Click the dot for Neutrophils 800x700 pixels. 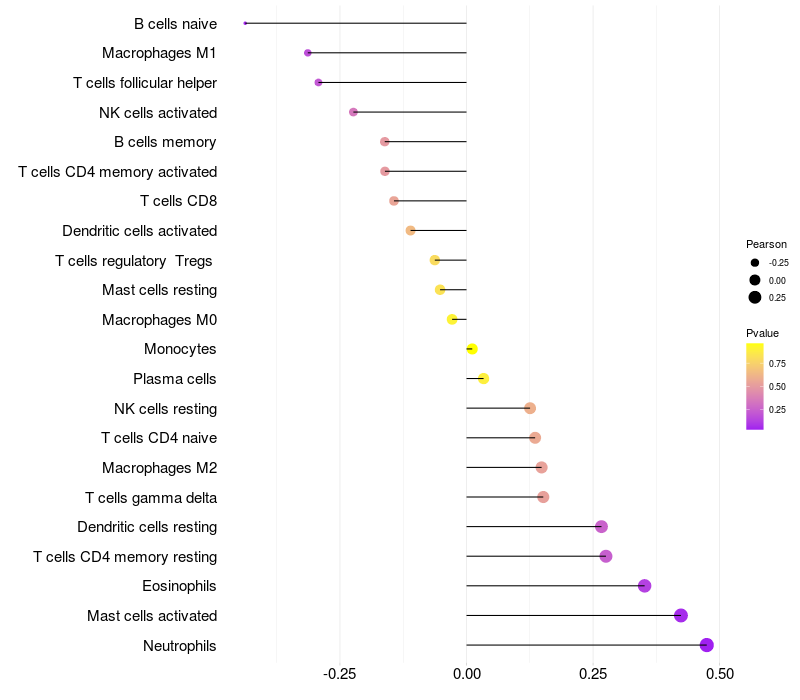707,645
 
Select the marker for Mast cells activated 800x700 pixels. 681,615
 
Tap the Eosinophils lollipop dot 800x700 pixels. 644,586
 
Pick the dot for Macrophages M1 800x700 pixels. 308,53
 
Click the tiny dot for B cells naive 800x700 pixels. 245,23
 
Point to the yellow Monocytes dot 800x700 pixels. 472,349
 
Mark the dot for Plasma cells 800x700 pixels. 483,379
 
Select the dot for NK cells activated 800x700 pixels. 353,112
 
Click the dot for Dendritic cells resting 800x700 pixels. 601,527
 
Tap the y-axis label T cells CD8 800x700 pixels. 178,201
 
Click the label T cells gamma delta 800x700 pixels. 151,497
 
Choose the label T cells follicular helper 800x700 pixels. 145,82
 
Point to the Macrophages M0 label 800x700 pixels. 159,320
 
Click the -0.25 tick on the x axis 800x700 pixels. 340,675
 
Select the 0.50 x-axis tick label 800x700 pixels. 719,675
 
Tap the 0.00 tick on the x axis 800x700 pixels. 467,675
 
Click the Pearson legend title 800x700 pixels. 766,244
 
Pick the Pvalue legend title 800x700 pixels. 762,333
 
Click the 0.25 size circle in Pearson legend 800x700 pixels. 755,297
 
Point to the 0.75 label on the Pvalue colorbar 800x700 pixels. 777,363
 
